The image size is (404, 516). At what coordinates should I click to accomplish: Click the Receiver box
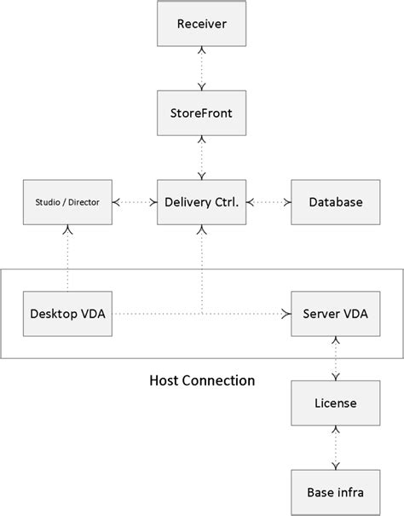coord(202,24)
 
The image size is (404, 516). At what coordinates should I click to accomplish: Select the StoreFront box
coord(202,113)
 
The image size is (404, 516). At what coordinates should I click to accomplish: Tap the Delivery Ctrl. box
coord(202,202)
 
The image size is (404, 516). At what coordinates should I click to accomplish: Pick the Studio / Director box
coord(66,202)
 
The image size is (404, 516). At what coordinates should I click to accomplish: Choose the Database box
coord(335,202)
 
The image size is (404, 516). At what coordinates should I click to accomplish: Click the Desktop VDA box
coord(66,313)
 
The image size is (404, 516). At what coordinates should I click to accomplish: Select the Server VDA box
coord(335,313)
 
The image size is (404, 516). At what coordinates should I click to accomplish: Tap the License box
coord(335,403)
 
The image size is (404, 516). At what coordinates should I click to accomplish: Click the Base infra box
coord(335,491)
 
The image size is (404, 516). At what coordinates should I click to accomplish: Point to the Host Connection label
coord(202,380)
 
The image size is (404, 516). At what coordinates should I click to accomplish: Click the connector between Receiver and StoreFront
coord(202,68)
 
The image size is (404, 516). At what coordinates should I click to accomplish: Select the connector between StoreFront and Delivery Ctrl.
coord(202,157)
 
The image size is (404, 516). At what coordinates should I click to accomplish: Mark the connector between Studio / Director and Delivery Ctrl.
coord(135,202)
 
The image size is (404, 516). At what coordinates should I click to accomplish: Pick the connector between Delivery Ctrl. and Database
coord(268,202)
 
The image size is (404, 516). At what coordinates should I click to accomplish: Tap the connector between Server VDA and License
coord(335,358)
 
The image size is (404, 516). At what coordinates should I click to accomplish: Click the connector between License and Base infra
coord(335,447)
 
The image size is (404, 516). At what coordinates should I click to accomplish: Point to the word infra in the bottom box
coord(349,491)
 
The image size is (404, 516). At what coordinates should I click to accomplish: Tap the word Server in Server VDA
coord(320,313)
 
